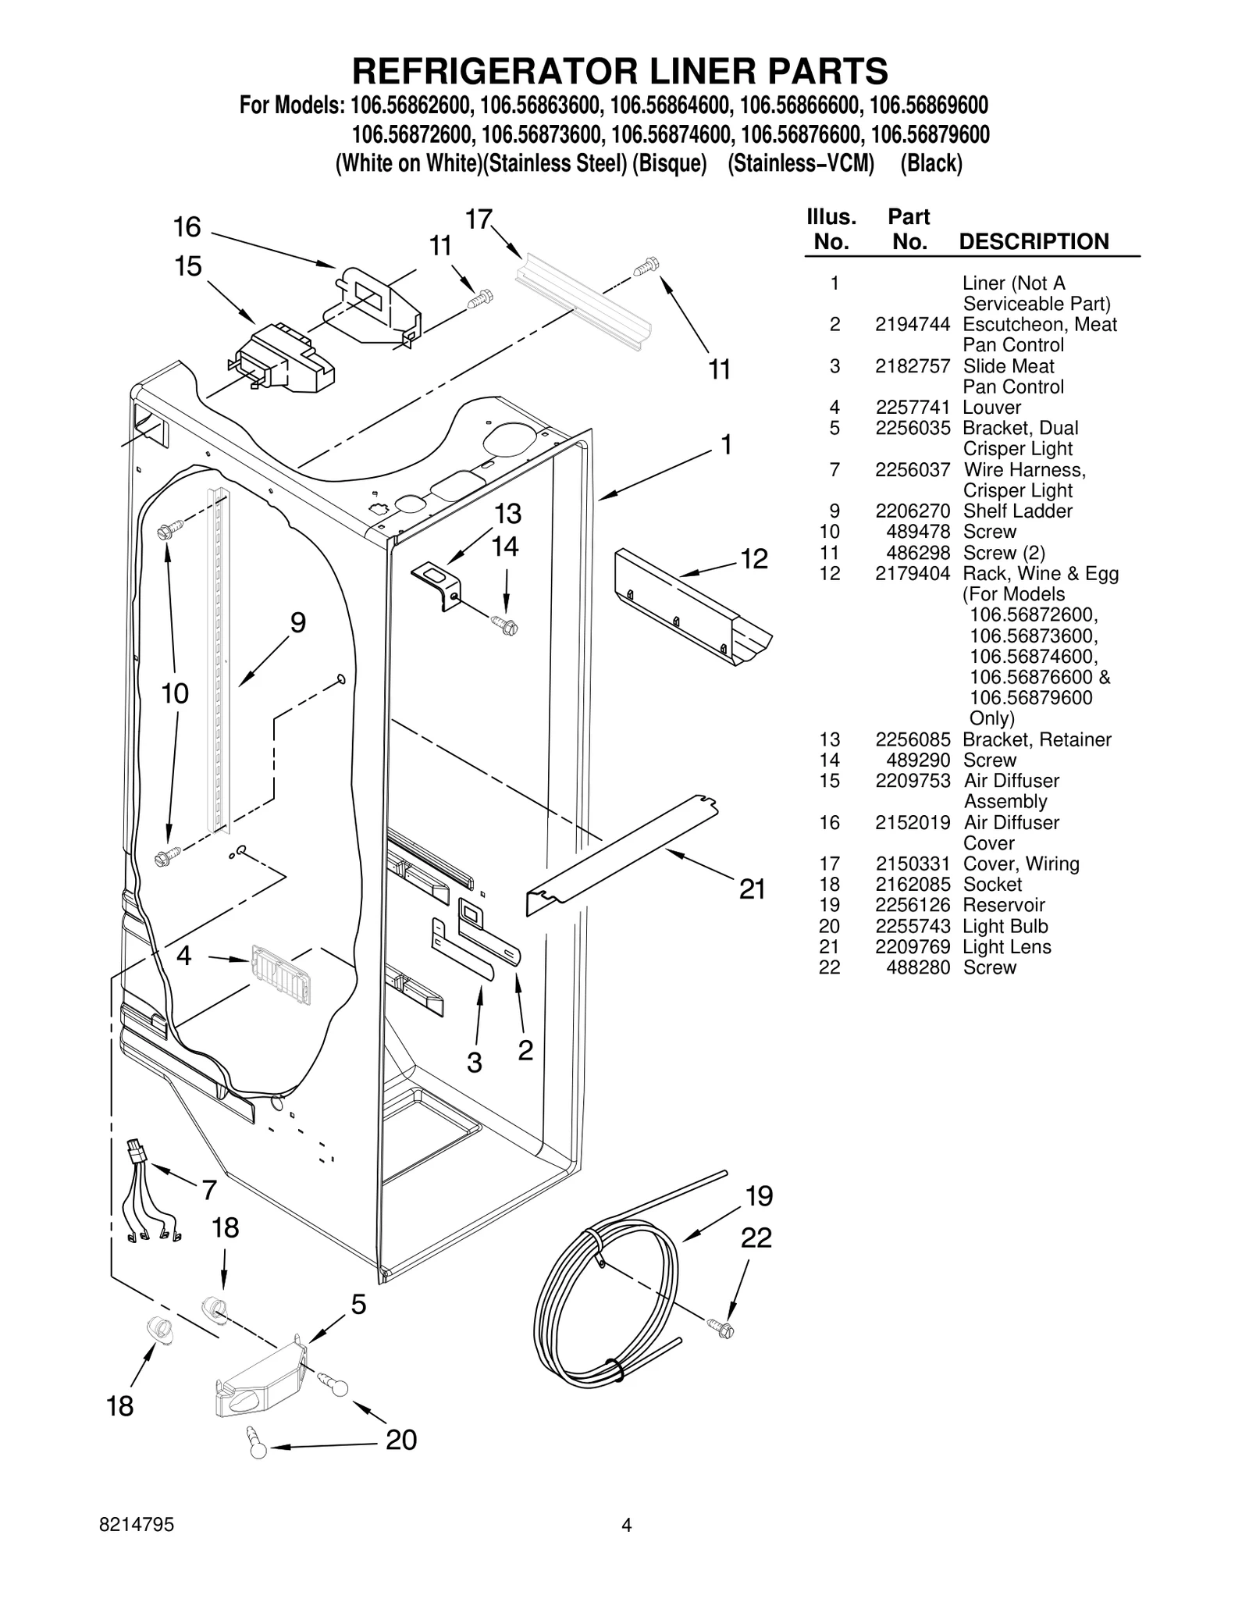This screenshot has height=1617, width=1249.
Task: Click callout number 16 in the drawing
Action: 187,227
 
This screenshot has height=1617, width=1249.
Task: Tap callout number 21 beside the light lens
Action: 752,889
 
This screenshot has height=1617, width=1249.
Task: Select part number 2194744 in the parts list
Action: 912,325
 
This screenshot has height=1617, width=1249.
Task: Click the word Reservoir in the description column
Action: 1003,906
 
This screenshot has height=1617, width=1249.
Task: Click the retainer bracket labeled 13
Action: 436,584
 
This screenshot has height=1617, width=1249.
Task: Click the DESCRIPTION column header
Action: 1033,241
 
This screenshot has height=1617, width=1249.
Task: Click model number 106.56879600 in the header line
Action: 929,135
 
